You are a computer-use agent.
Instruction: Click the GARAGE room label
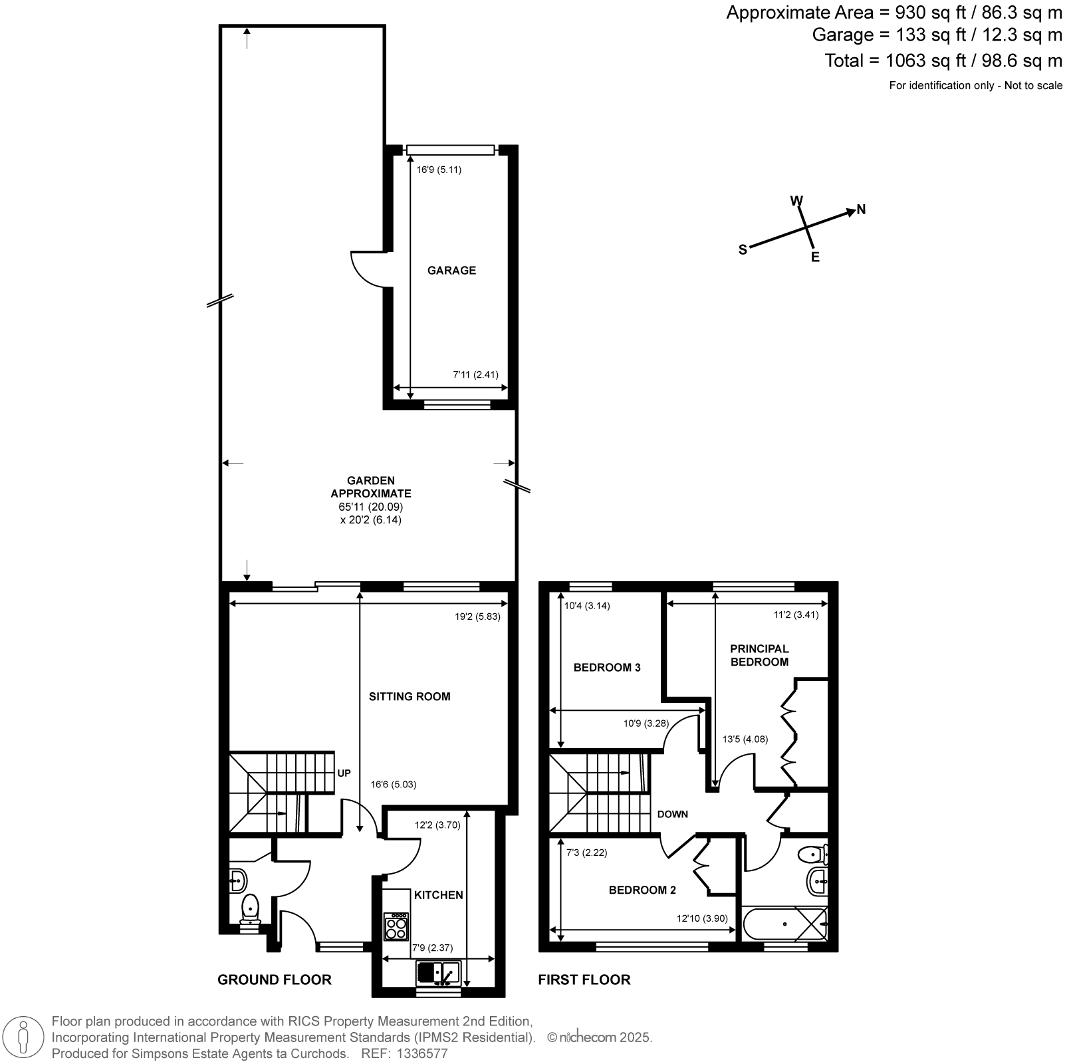tap(451, 270)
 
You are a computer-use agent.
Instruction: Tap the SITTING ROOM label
tap(410, 696)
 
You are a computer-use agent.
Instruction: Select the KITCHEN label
tap(439, 895)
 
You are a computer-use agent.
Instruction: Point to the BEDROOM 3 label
tap(607, 667)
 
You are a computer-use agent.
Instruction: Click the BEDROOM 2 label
tap(642, 890)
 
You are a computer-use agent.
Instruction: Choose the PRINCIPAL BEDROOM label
tap(759, 655)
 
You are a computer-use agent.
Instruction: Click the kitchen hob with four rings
tap(396, 926)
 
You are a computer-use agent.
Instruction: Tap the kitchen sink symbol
tap(438, 974)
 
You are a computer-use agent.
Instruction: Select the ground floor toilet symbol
tap(250, 908)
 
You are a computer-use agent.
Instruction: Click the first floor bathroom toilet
tap(812, 854)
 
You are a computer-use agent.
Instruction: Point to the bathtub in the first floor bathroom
tap(785, 924)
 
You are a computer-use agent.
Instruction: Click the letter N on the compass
tap(861, 209)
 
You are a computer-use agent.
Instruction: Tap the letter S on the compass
tap(743, 249)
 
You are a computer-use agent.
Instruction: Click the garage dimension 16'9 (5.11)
tap(439, 170)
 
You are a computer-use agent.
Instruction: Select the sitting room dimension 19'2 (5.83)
tap(477, 616)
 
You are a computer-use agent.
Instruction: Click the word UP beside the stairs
tap(344, 773)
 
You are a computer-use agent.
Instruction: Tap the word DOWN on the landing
tap(673, 814)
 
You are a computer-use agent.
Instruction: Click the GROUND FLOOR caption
tap(275, 980)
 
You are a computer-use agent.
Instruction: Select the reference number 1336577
tap(423, 1054)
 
